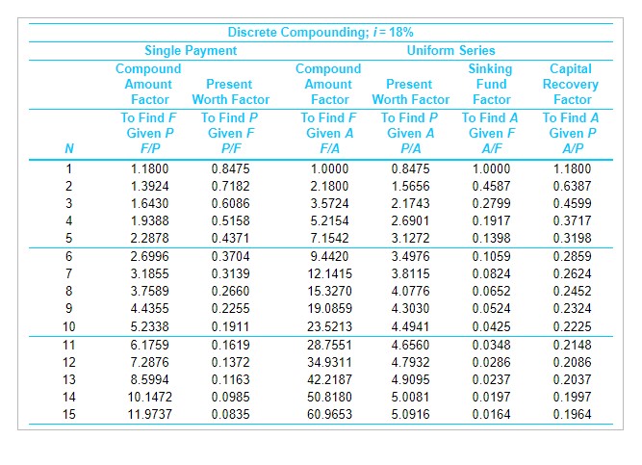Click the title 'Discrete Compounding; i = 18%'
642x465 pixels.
[321, 33]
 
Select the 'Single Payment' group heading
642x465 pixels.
[191, 50]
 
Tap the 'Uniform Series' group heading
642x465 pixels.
[451, 50]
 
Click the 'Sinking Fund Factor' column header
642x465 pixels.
[491, 84]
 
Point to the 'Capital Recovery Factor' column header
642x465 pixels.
[573, 84]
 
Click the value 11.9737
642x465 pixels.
[149, 414]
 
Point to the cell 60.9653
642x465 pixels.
[329, 414]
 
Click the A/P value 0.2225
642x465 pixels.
[573, 326]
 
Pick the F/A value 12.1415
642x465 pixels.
[329, 273]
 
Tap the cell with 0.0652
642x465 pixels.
[492, 291]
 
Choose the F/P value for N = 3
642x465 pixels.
[149, 204]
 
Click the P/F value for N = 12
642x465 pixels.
[229, 361]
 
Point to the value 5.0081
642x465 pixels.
[411, 397]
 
